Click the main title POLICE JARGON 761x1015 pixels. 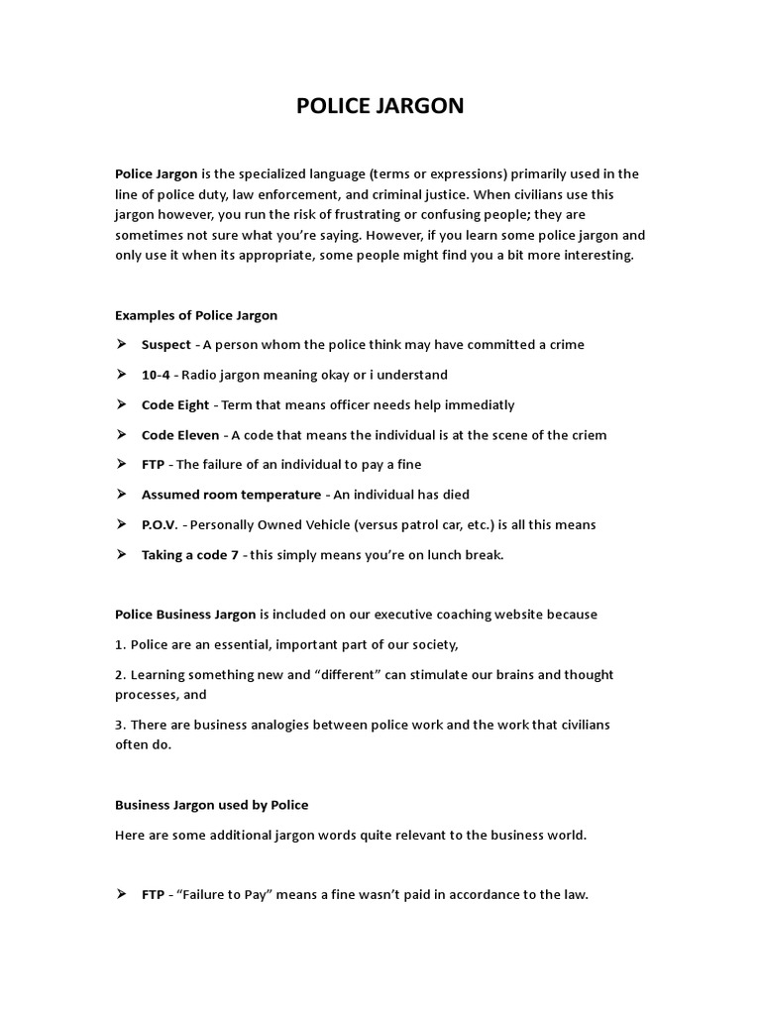380,106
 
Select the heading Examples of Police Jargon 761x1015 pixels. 196,315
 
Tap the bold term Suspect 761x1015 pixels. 165,345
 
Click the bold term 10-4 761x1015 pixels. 157,375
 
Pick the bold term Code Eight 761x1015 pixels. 175,404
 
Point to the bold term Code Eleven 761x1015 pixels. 181,434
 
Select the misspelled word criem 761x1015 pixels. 589,434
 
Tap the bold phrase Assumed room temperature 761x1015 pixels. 231,494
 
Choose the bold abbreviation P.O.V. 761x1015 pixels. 160,524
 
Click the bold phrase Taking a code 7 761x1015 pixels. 190,555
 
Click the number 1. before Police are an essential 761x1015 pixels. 120,644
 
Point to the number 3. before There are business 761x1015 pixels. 120,725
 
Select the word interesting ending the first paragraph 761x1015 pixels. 595,255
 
